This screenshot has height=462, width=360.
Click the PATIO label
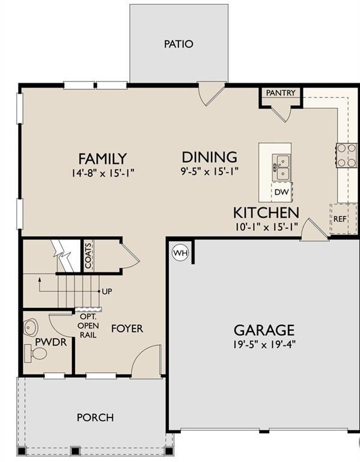(x=178, y=44)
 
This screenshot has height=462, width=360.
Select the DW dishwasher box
(x=282, y=192)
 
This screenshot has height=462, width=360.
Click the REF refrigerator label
(x=340, y=219)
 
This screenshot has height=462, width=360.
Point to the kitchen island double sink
(x=281, y=167)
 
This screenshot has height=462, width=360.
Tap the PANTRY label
(x=281, y=93)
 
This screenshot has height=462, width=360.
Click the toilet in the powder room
(x=35, y=353)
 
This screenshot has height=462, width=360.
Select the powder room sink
(x=30, y=327)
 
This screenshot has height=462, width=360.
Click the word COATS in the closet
(x=88, y=256)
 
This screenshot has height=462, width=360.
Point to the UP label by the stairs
(x=107, y=291)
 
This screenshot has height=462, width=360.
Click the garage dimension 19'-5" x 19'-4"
(x=264, y=345)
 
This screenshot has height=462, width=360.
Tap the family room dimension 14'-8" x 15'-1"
(x=103, y=173)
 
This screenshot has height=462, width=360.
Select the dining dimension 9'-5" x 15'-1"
(x=209, y=171)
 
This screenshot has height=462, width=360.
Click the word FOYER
(x=127, y=328)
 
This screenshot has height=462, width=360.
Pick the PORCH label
(x=96, y=417)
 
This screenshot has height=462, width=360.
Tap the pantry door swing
(x=282, y=114)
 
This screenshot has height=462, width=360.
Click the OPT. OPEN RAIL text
(x=88, y=326)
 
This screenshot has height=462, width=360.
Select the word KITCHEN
(x=266, y=213)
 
